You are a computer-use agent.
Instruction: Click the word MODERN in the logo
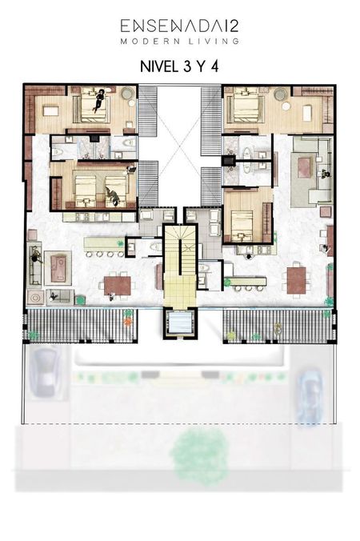pos(150,42)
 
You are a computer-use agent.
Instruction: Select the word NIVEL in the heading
pos(158,66)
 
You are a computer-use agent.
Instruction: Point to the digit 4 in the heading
pos(215,66)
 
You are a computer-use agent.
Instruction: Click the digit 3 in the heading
pos(187,66)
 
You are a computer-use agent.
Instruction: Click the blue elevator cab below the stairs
pos(180,324)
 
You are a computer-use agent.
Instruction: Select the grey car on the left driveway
pos(46,373)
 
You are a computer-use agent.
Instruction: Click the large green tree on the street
pos(199,453)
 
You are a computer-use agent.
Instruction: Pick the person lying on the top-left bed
pos(100,100)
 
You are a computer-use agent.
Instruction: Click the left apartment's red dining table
pos(118,286)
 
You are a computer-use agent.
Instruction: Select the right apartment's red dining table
pos(297,281)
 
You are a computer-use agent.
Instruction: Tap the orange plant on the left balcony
pos(127,323)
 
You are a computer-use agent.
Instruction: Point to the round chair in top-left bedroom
pos(127,93)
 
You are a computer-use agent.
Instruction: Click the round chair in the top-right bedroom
pos(281,94)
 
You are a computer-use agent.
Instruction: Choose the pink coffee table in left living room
pos(58,268)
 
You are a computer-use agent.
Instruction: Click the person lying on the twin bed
pos(113,195)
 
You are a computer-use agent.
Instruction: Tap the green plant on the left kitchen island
pos(120,244)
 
